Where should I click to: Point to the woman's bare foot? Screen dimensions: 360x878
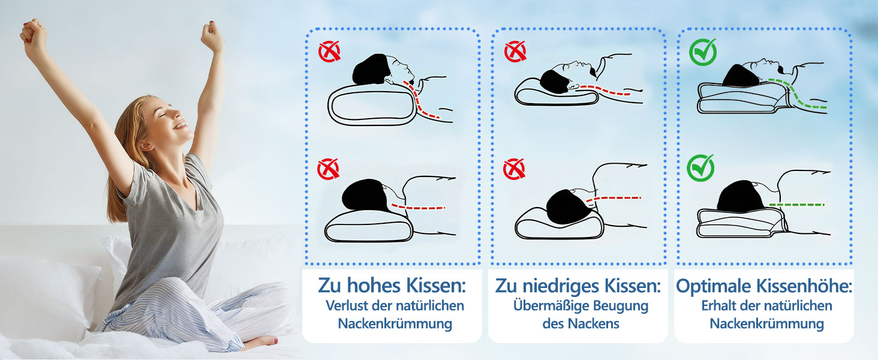coord(261,342)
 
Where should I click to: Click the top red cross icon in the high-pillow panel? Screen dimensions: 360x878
coord(329,52)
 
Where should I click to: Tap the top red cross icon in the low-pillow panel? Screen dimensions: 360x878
coord(515,52)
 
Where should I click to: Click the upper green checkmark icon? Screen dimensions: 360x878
coord(702,52)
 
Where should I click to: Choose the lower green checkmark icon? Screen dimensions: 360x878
coord(700,168)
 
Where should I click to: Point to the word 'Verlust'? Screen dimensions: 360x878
coord(346,305)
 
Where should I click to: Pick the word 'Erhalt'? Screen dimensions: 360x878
coord(720,305)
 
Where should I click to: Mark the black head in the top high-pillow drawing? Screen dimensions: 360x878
coord(371,68)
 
